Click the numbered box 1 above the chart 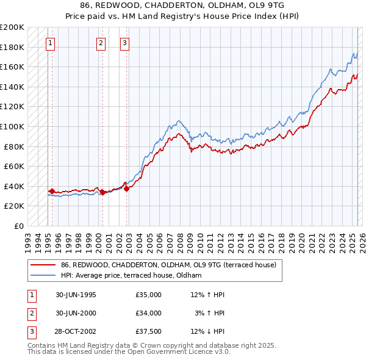pyautogui.click(x=49, y=43)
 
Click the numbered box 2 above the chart pyautogui.click(x=101, y=43)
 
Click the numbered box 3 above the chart pyautogui.click(x=124, y=43)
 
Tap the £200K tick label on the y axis pyautogui.click(x=12, y=27)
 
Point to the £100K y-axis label pyautogui.click(x=12, y=126)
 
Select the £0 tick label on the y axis pyautogui.click(x=18, y=226)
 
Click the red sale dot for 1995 pyautogui.click(x=52, y=191)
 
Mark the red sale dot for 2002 pyautogui.click(x=126, y=189)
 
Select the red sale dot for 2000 pyautogui.click(x=103, y=192)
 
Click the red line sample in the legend pyautogui.click(x=43, y=265)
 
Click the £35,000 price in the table pyautogui.click(x=149, y=295)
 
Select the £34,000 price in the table pyautogui.click(x=149, y=313)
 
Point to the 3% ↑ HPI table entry pyautogui.click(x=209, y=313)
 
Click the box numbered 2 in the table pyautogui.click(x=31, y=313)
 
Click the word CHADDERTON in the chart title pyautogui.click(x=162, y=5)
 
